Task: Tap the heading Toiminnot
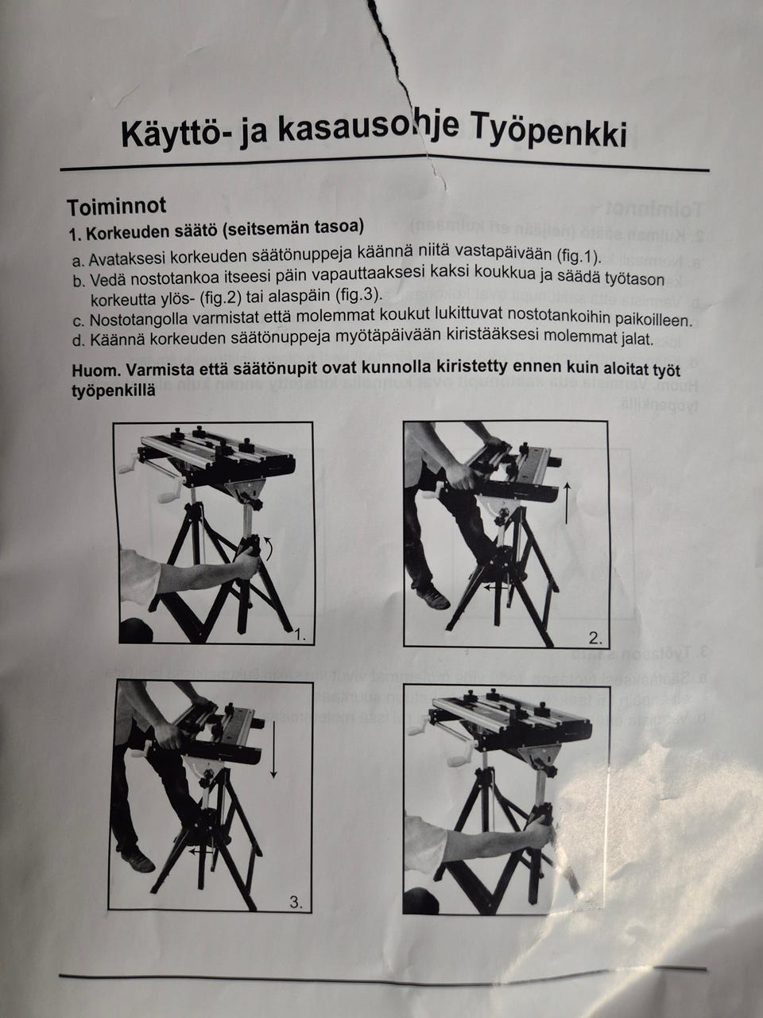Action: point(117,206)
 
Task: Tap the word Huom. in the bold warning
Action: point(93,371)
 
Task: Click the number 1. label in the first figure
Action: point(299,635)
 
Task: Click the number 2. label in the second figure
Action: point(595,637)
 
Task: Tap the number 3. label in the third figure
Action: point(296,902)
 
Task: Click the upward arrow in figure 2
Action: point(566,501)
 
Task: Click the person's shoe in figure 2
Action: point(433,598)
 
